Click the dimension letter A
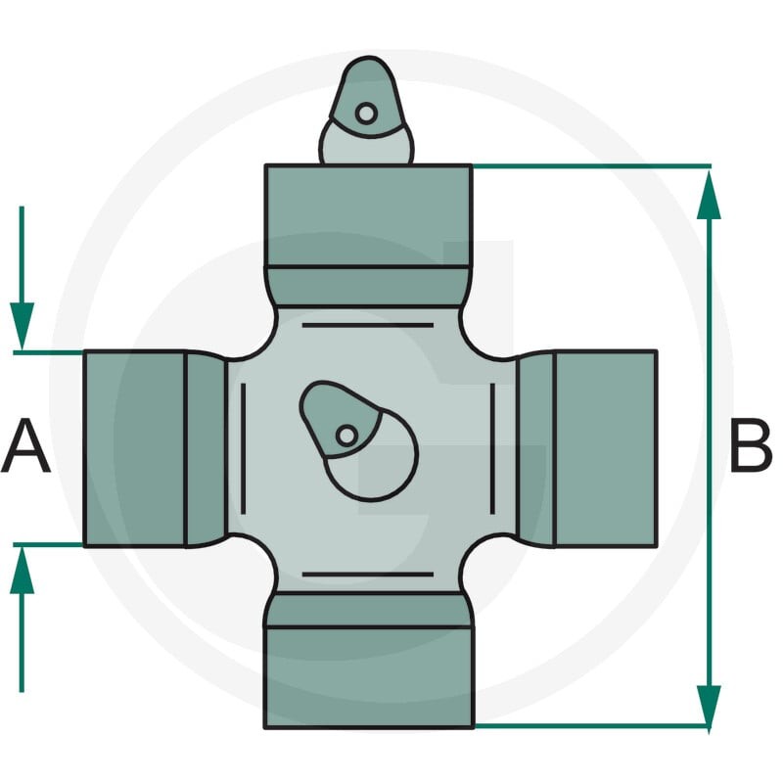(x=26, y=446)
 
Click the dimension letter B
(x=751, y=446)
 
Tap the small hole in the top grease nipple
(x=366, y=114)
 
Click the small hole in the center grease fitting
(x=346, y=436)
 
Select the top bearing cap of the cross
(x=369, y=215)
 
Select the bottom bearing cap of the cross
(x=369, y=677)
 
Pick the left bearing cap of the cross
(x=135, y=448)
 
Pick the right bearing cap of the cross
(x=605, y=449)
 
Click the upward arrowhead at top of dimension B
(x=709, y=194)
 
